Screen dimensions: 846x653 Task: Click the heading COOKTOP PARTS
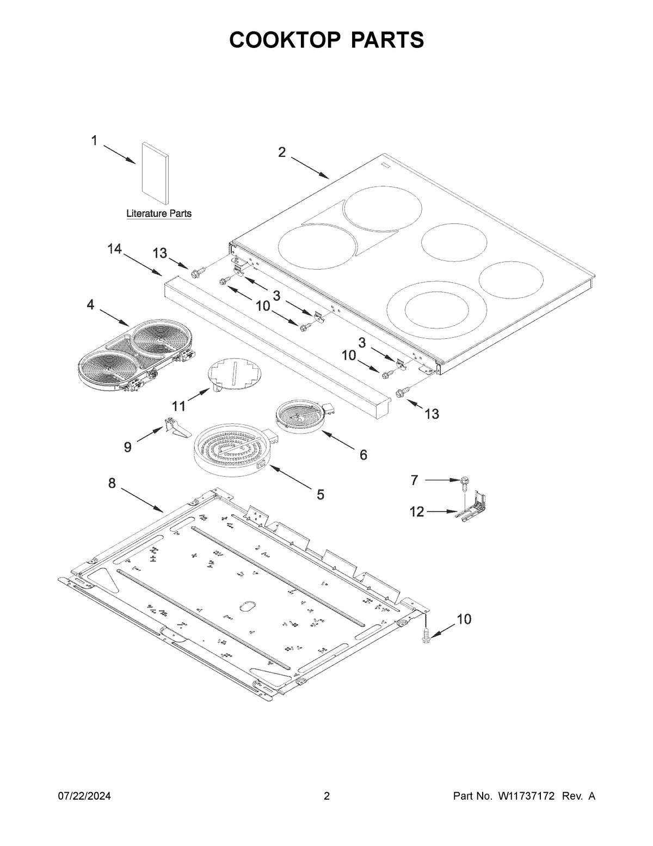(x=326, y=40)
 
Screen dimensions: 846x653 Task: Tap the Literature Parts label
(x=159, y=214)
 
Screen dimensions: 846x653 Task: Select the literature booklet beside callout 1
(x=155, y=170)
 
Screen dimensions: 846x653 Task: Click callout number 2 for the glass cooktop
(x=281, y=153)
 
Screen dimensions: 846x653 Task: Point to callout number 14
(x=114, y=249)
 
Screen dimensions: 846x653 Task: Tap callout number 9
(x=128, y=447)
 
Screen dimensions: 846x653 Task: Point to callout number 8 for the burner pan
(x=112, y=483)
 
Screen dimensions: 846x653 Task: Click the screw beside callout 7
(x=464, y=482)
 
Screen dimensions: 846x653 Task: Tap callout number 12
(x=417, y=512)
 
